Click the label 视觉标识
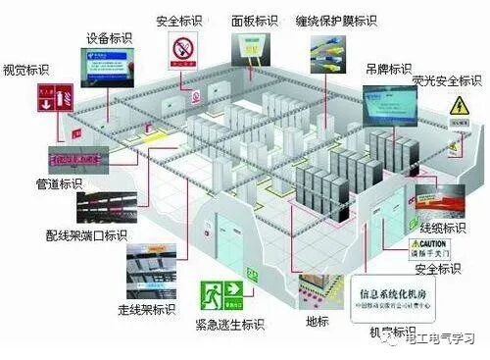click(x=26, y=70)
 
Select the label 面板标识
click(x=255, y=20)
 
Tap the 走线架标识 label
click(x=147, y=311)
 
